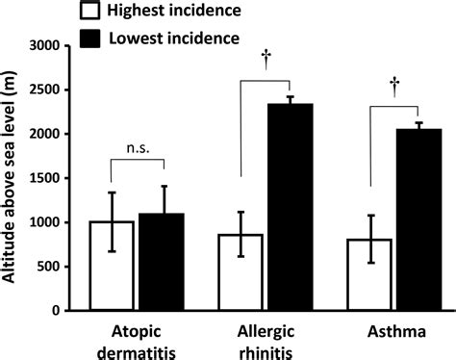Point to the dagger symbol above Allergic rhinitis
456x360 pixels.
point(264,58)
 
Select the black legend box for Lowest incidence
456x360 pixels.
point(93,38)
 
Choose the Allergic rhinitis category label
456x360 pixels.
point(265,341)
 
